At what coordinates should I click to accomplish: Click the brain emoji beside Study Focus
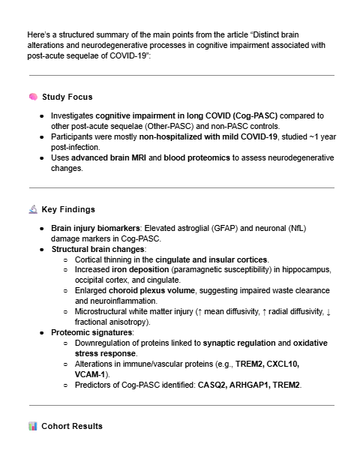tap(33, 97)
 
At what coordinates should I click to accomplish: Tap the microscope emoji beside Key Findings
tap(33, 209)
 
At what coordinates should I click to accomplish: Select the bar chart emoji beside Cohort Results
tap(33, 426)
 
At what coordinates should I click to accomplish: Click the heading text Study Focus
tap(67, 97)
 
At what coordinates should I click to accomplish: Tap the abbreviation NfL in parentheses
tap(322, 227)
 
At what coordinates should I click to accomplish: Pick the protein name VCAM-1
tap(91, 373)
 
